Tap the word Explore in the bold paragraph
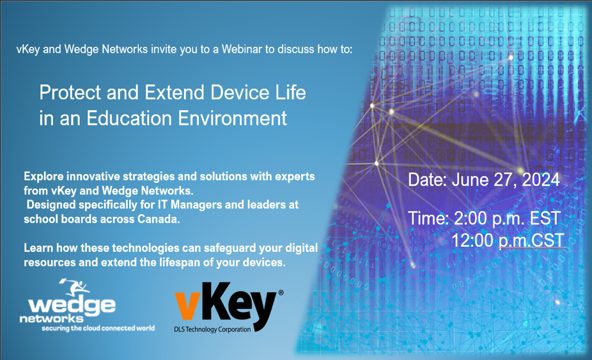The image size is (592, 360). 45,176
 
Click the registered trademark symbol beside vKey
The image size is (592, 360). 280,293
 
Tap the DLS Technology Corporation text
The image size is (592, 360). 212,330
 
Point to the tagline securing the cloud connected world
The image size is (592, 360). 98,329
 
